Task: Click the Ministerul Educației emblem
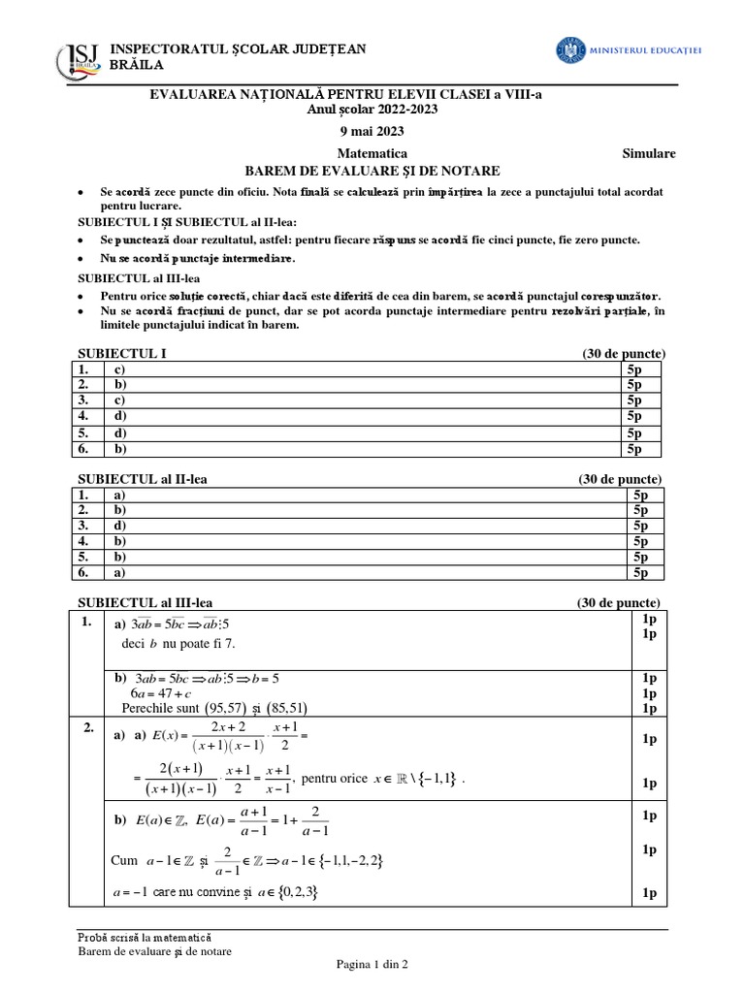pos(571,49)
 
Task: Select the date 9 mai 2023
pos(372,131)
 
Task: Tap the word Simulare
pos(648,153)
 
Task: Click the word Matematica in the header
pos(372,153)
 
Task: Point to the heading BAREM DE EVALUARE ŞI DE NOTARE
pos(372,170)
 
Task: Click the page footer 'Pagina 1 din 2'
pos(372,966)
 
